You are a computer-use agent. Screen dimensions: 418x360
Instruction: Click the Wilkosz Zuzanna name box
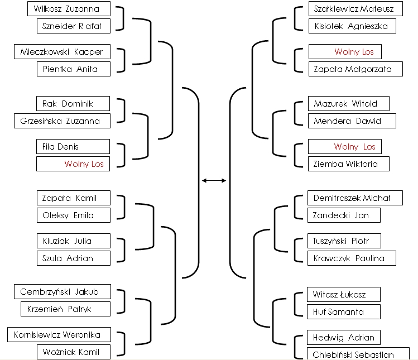click(69, 9)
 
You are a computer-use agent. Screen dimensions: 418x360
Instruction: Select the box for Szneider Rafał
click(74, 26)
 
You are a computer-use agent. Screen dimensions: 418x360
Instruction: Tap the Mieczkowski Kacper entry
click(62, 51)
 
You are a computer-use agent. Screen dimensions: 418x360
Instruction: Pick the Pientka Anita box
click(74, 69)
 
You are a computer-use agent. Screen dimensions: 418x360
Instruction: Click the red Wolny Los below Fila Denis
click(73, 164)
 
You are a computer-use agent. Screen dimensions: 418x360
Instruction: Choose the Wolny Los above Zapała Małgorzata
click(345, 51)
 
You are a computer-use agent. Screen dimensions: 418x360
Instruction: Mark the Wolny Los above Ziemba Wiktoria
click(345, 146)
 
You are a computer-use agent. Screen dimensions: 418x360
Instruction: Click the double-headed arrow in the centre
click(214, 180)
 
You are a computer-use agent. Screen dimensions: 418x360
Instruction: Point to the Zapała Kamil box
click(74, 198)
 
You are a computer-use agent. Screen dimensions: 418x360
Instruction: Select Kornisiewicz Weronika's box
click(59, 335)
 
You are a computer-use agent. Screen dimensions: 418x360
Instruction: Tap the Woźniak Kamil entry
click(74, 352)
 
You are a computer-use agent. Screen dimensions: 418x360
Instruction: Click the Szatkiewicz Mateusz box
click(355, 9)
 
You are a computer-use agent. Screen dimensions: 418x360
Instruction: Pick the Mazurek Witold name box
click(349, 103)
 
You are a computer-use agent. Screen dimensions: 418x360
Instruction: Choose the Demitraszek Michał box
click(355, 198)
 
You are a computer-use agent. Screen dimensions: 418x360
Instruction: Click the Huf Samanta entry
click(344, 312)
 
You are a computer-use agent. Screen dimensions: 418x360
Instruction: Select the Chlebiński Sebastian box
click(358, 354)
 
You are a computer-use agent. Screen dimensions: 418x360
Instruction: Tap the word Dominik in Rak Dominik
click(78, 103)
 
